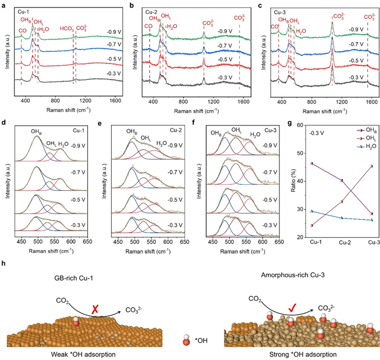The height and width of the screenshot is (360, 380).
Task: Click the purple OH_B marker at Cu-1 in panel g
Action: click(x=312, y=163)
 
